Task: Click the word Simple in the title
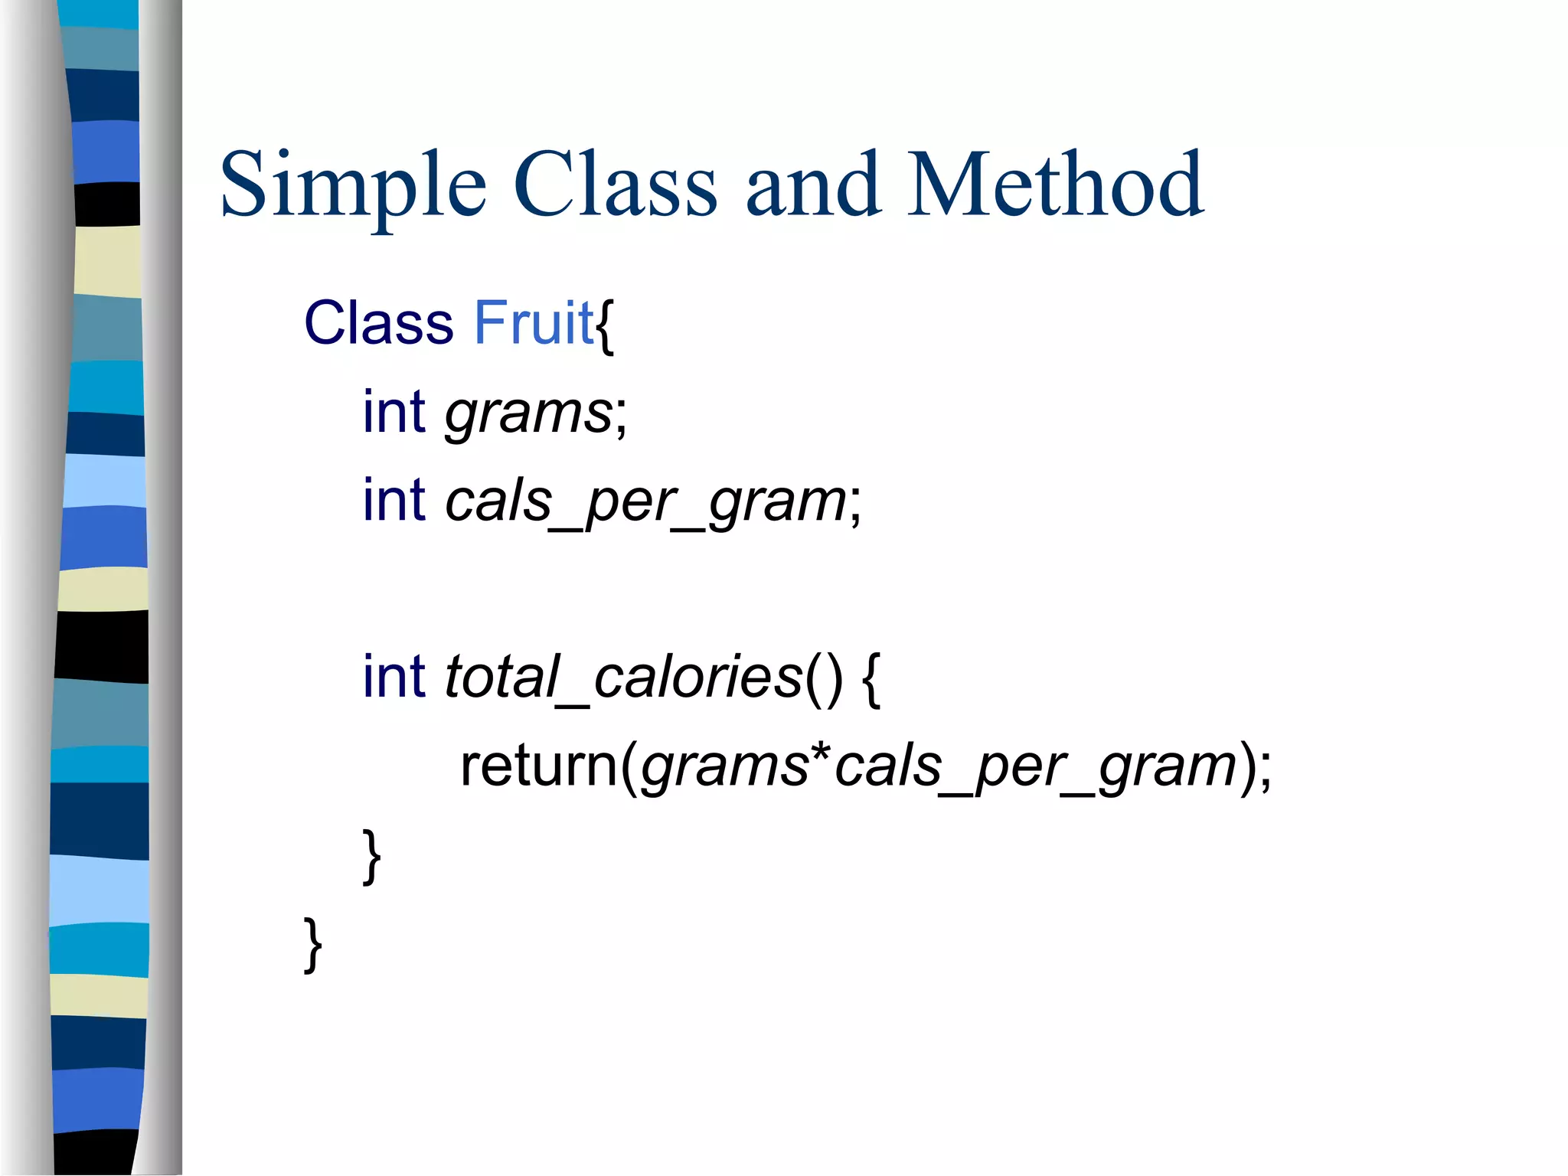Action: point(352,185)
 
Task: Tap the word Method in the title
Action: point(1055,185)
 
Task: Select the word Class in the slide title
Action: point(615,185)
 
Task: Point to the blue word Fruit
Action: point(534,323)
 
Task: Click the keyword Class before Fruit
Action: point(379,323)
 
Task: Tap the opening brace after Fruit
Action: point(605,325)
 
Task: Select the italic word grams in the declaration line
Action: point(528,413)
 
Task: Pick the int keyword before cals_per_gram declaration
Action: point(394,501)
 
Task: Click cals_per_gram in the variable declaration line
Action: point(645,502)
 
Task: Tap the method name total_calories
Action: point(623,678)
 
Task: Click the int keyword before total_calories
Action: point(394,677)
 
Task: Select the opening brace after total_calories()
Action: point(871,679)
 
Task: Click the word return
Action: point(538,766)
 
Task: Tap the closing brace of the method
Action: point(371,856)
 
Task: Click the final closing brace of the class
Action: point(312,945)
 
